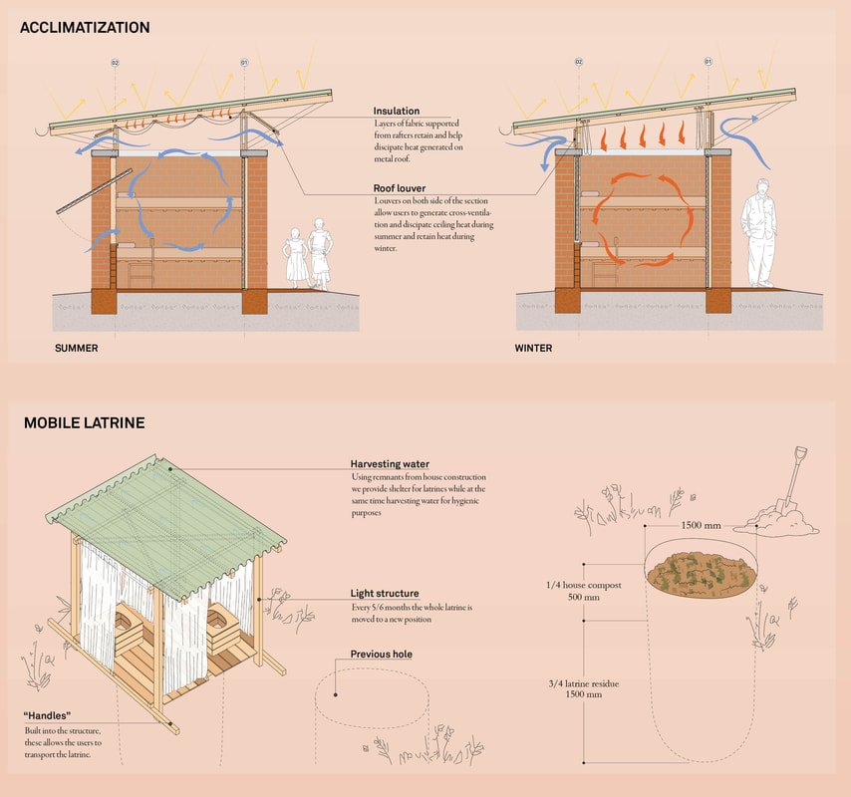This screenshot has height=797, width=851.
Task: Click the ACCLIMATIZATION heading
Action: pyautogui.click(x=85, y=28)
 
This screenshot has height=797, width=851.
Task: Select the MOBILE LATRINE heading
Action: pyautogui.click(x=85, y=423)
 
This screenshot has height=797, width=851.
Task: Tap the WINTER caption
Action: pyautogui.click(x=533, y=349)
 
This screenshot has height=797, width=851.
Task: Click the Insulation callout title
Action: pyautogui.click(x=397, y=111)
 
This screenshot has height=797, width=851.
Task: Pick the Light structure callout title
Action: pyautogui.click(x=385, y=594)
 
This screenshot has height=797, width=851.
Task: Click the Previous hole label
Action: pyautogui.click(x=381, y=655)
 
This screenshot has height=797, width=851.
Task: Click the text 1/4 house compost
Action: pyautogui.click(x=585, y=585)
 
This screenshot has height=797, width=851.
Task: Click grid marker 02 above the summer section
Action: pyautogui.click(x=115, y=63)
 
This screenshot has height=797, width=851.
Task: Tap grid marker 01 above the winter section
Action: pyautogui.click(x=708, y=63)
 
